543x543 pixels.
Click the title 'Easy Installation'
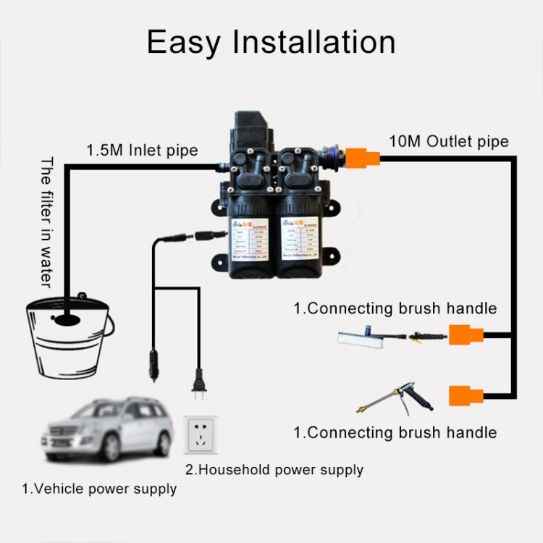click(x=271, y=42)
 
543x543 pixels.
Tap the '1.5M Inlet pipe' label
click(x=142, y=151)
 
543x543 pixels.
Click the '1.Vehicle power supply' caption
click(x=98, y=489)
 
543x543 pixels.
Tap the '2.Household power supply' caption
click(x=274, y=470)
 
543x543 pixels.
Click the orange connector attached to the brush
click(x=466, y=335)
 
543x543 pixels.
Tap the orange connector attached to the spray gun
click(x=466, y=395)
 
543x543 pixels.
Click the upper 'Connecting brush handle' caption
click(x=395, y=308)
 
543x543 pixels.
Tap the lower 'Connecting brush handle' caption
click(x=395, y=433)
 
